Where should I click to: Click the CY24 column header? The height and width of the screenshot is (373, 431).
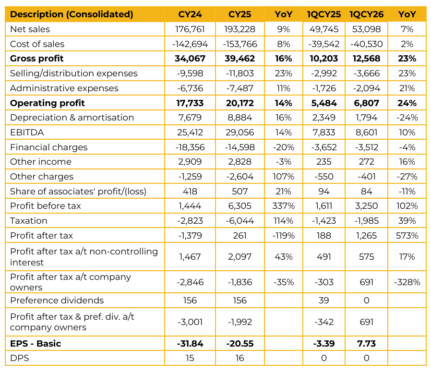190,14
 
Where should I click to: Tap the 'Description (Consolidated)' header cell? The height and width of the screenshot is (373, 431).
72,14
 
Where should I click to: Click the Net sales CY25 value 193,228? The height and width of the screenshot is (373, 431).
240,29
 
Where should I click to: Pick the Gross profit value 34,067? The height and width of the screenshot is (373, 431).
190,59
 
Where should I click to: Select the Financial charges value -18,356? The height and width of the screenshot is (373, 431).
190,147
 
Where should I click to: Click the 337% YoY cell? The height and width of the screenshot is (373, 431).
284,206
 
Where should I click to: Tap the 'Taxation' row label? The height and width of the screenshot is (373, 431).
29,221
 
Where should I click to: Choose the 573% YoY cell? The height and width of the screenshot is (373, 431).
407,236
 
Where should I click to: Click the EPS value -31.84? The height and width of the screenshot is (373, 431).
190,344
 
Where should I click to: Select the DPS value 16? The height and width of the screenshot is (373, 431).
240,358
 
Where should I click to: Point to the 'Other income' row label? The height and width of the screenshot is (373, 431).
41,162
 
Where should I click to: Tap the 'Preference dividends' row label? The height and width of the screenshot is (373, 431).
57,301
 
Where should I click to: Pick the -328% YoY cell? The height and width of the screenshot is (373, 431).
407,282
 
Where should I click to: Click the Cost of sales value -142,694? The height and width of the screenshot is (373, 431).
190,44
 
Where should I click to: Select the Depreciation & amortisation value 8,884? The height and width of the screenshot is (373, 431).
240,118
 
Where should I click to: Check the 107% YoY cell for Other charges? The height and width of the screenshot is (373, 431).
284,177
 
